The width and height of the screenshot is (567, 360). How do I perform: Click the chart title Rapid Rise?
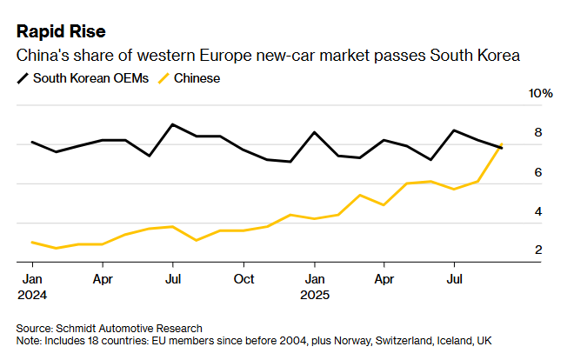[x=61, y=32]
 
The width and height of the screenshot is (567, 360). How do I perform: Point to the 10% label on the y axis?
[x=541, y=93]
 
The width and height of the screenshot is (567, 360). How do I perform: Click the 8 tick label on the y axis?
[x=537, y=132]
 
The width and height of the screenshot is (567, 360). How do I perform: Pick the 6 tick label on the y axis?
[x=537, y=172]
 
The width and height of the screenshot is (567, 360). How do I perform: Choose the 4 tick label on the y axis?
[x=537, y=211]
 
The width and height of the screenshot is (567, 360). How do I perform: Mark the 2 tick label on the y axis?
[x=537, y=250]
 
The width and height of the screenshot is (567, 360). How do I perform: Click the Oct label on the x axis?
[x=243, y=279]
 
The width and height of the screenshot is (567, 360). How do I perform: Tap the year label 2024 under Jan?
[x=31, y=295]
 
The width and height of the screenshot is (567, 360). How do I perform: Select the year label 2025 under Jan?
[x=314, y=295]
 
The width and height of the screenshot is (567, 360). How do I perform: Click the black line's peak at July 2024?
[x=173, y=124]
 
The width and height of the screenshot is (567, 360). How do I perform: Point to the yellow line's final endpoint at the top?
[x=502, y=144]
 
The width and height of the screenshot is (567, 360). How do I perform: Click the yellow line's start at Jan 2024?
[x=32, y=242]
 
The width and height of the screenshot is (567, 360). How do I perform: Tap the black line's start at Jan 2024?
[x=32, y=142]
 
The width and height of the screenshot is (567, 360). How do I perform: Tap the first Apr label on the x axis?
[x=103, y=279]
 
